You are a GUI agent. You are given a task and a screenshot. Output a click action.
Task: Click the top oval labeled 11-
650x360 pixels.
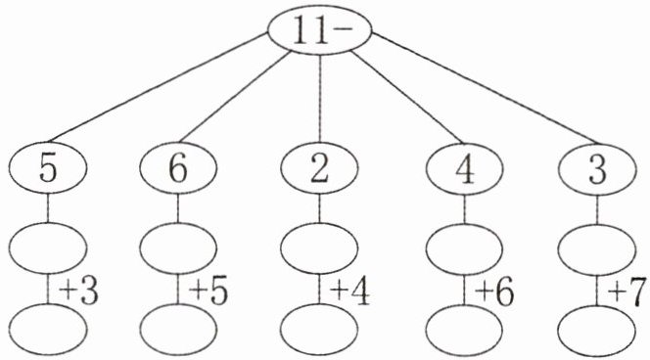320,29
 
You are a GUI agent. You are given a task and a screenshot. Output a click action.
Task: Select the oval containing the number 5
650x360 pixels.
48,168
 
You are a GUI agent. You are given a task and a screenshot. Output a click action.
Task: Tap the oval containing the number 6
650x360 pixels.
178,168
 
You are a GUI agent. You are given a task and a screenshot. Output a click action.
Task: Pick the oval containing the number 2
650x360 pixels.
319,168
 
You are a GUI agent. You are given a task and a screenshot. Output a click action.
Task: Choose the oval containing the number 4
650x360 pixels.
464,169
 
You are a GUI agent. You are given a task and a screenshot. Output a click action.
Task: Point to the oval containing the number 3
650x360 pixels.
597,169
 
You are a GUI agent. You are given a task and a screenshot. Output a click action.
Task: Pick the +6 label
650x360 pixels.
494,292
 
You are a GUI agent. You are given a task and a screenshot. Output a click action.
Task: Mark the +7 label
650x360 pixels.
627,292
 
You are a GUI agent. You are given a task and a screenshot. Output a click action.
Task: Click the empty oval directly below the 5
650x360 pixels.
48,248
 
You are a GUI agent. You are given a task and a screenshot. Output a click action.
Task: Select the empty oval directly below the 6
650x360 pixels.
178,248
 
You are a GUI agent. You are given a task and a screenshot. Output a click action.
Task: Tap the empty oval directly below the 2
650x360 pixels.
319,248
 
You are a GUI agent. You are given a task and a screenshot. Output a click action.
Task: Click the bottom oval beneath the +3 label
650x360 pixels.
48,330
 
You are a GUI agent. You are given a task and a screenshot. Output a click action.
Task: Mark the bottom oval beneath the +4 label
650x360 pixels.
319,330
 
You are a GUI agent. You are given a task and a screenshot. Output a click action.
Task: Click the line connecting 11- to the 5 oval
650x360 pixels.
158,88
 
